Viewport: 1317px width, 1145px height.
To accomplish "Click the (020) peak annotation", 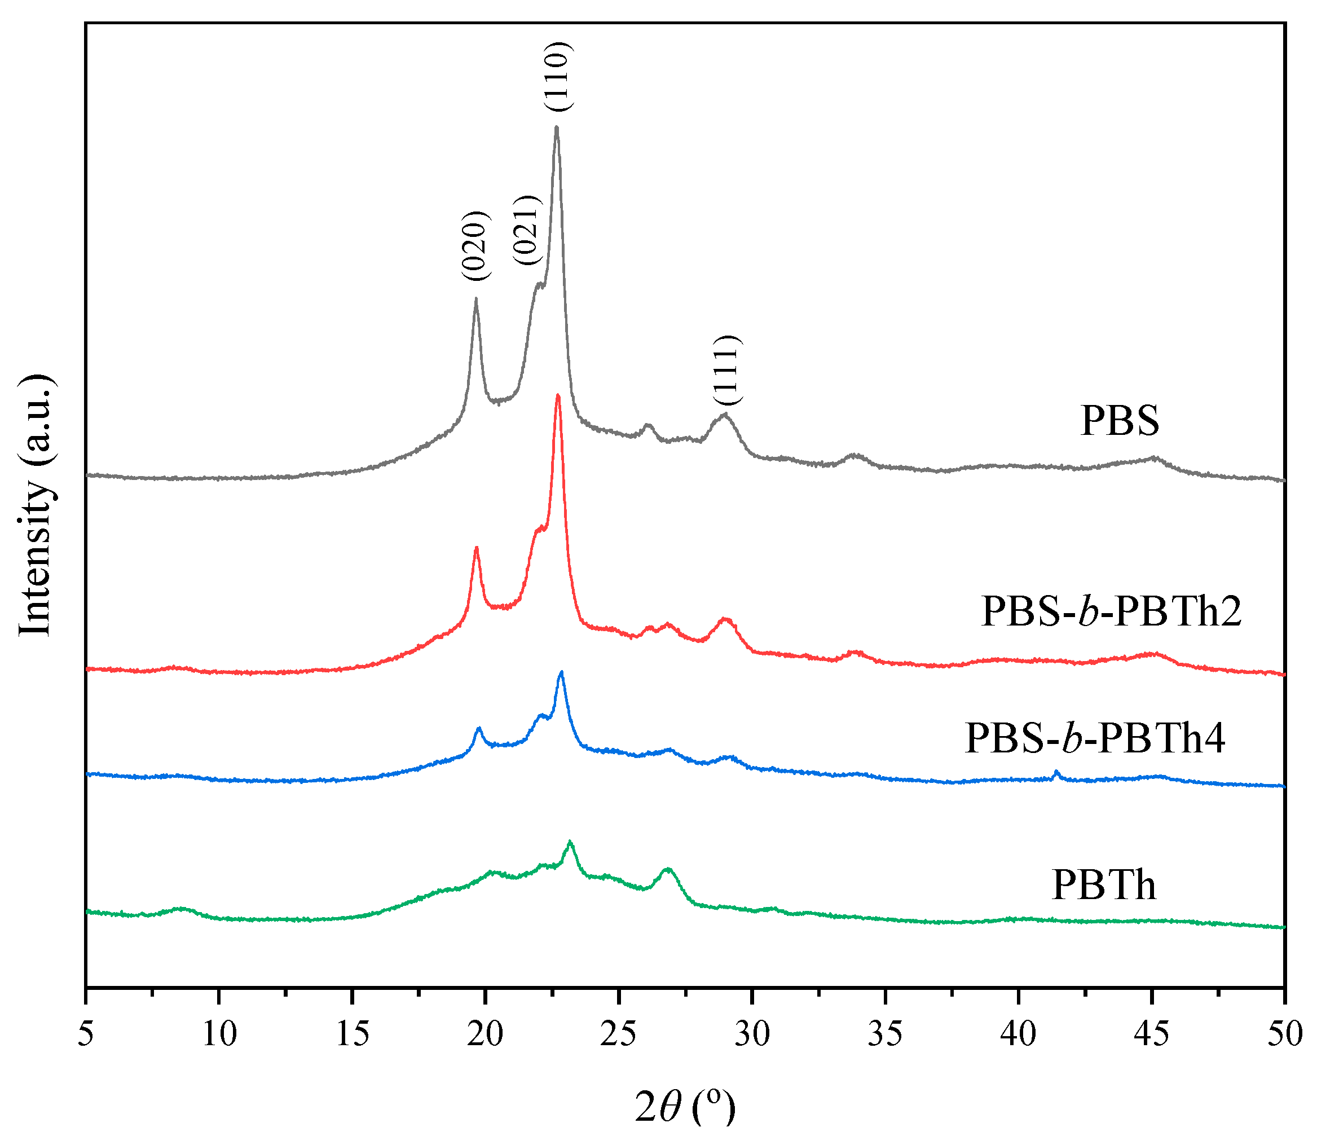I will click(x=476, y=245).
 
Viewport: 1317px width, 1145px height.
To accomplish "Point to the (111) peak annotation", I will click(x=727, y=370).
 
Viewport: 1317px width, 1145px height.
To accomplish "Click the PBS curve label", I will click(x=1120, y=421).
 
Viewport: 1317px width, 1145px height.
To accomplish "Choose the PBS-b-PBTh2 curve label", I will click(x=1111, y=611).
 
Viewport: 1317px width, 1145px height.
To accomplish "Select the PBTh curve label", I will click(x=1104, y=885).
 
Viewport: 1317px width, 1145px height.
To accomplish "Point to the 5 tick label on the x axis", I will click(x=86, y=1033).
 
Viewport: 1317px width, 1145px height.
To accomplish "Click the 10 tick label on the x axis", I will click(x=219, y=1033).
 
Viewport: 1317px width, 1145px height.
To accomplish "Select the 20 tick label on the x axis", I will click(x=486, y=1033).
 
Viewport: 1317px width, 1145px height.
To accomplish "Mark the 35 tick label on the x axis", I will click(x=885, y=1033).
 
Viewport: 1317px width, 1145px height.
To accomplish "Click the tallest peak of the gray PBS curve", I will click(x=557, y=128).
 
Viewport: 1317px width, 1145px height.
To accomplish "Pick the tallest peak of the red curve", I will click(x=558, y=395).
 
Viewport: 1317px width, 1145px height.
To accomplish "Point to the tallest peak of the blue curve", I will click(x=561, y=672).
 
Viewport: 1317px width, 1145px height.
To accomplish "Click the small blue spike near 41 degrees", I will click(x=1056, y=773).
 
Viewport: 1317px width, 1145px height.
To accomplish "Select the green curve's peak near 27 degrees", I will click(x=668, y=869).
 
